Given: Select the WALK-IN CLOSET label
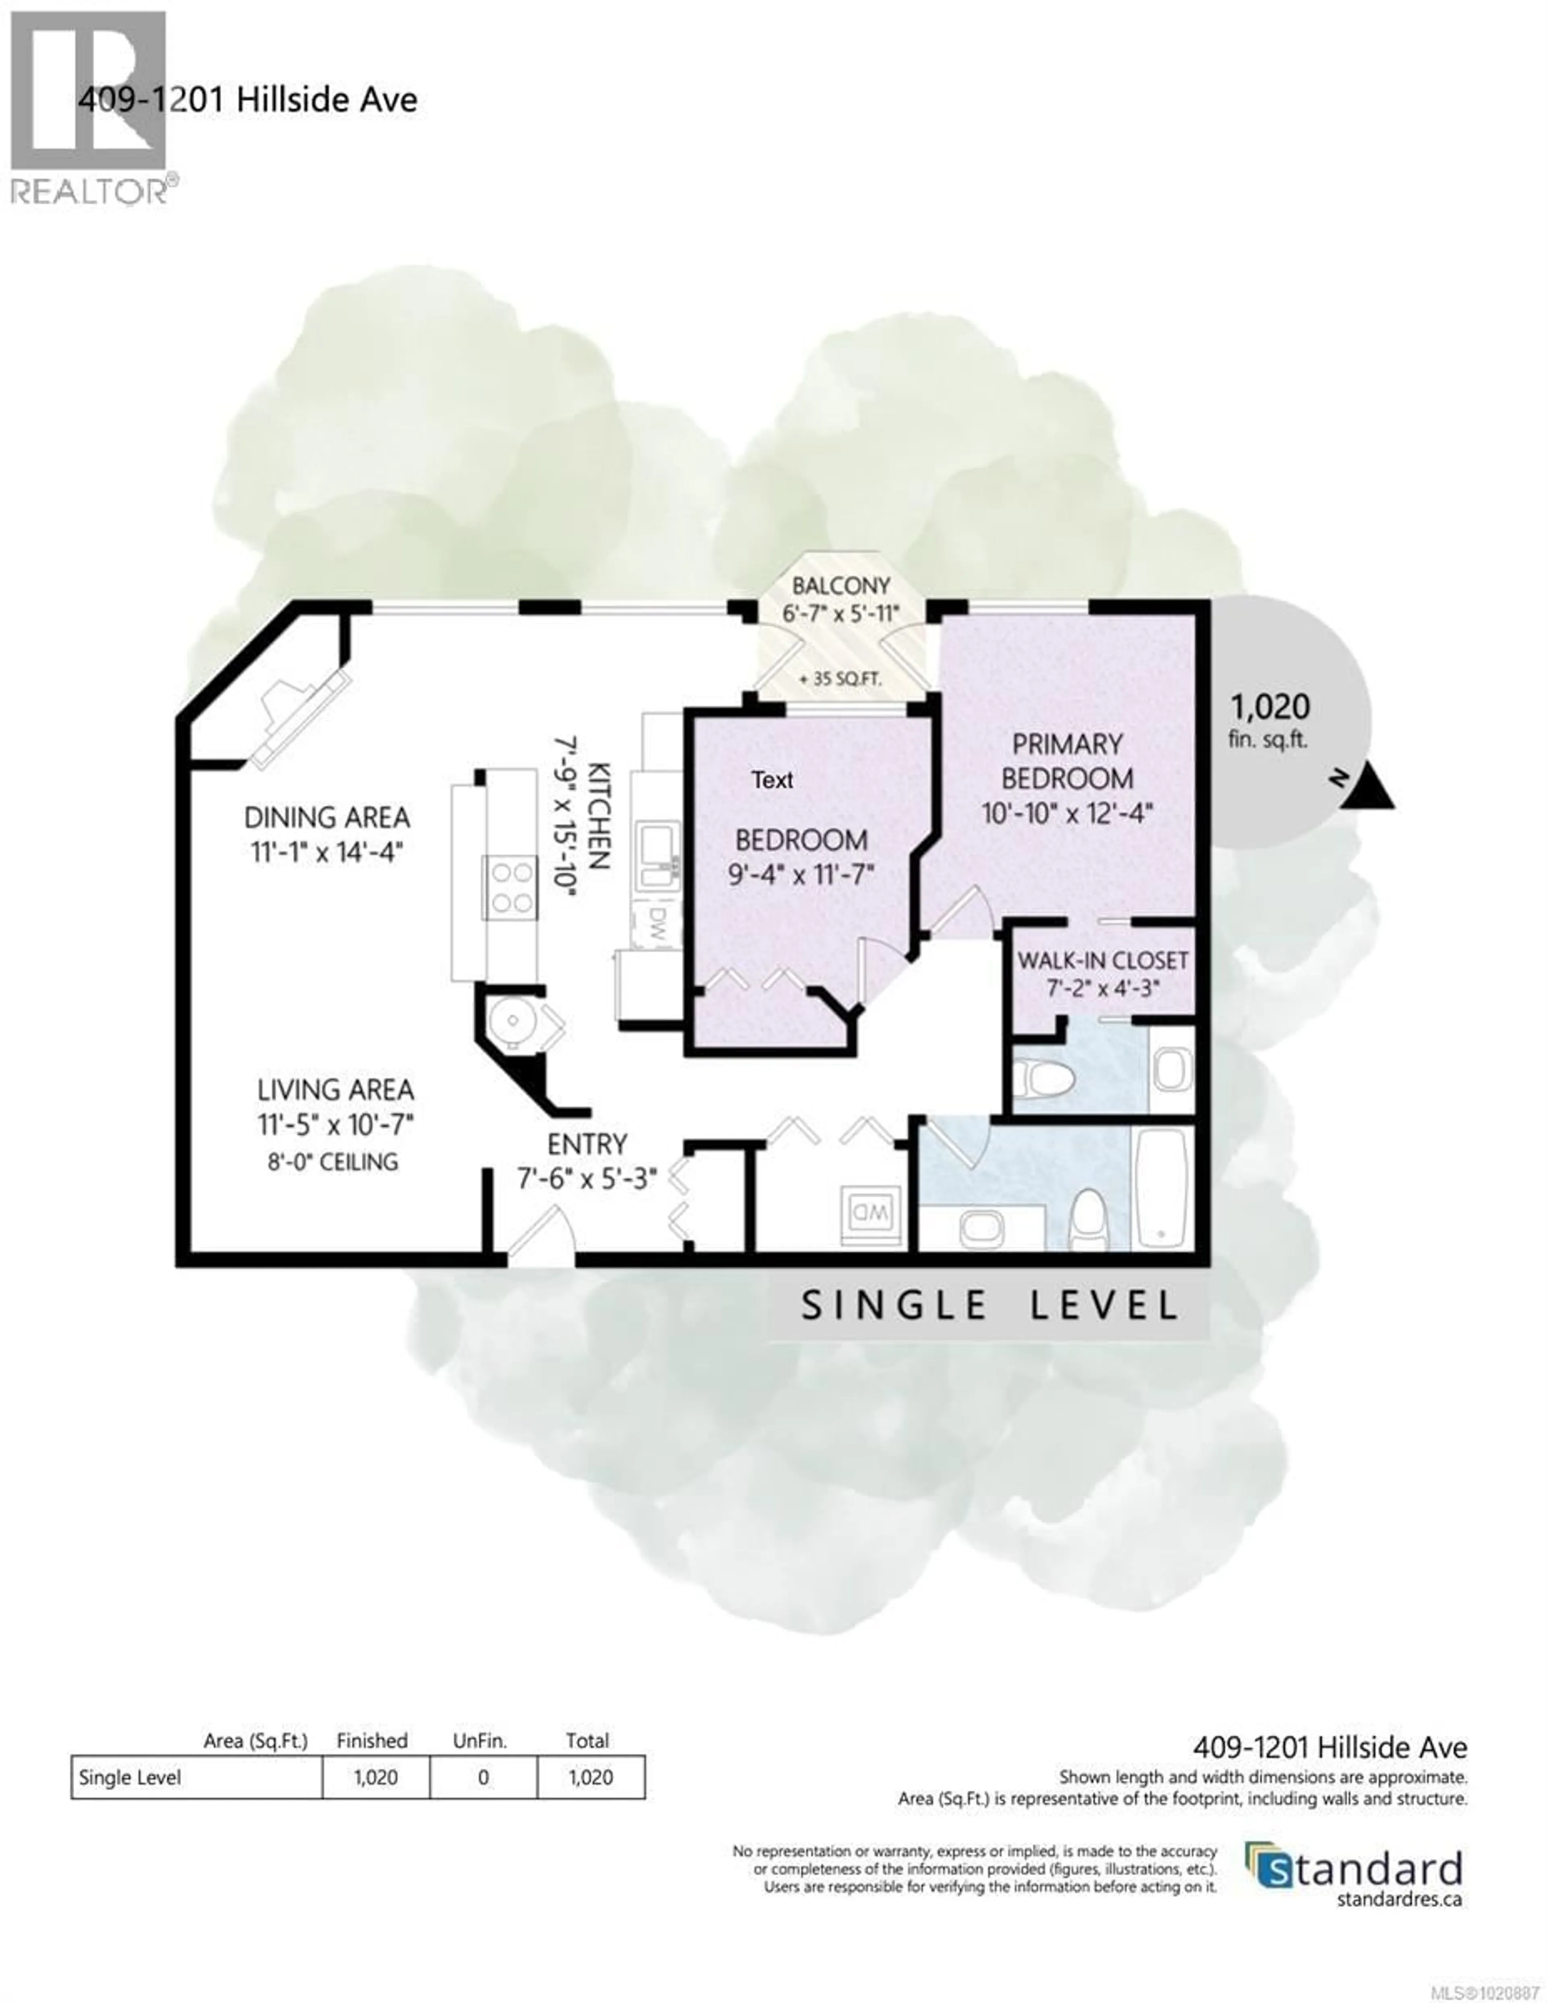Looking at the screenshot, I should tap(1102, 960).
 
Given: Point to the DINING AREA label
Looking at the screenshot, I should tap(326, 817).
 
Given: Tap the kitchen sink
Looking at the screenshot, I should tap(657, 854).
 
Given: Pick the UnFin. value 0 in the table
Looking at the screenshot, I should tap(483, 1777).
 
